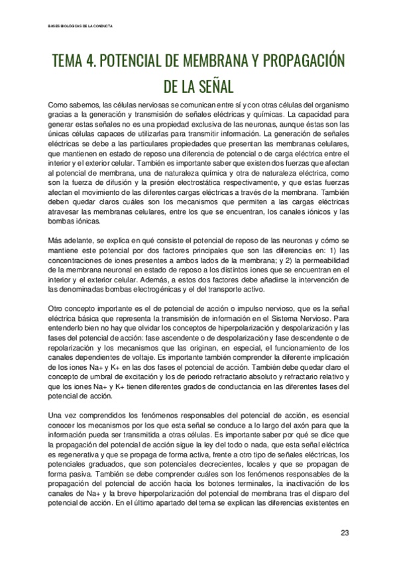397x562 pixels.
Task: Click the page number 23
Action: (345, 532)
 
